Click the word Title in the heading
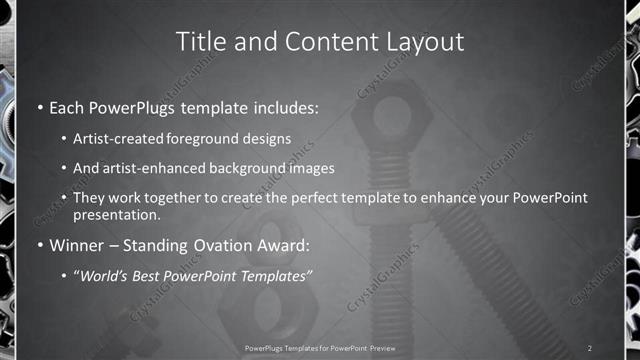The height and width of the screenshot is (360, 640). coord(201,42)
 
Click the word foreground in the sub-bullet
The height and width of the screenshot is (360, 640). coord(223,139)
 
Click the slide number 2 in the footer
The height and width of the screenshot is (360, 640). coord(590,347)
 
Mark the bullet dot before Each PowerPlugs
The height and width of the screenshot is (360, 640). coord(39,106)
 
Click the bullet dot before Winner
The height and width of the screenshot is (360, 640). coord(39,244)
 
